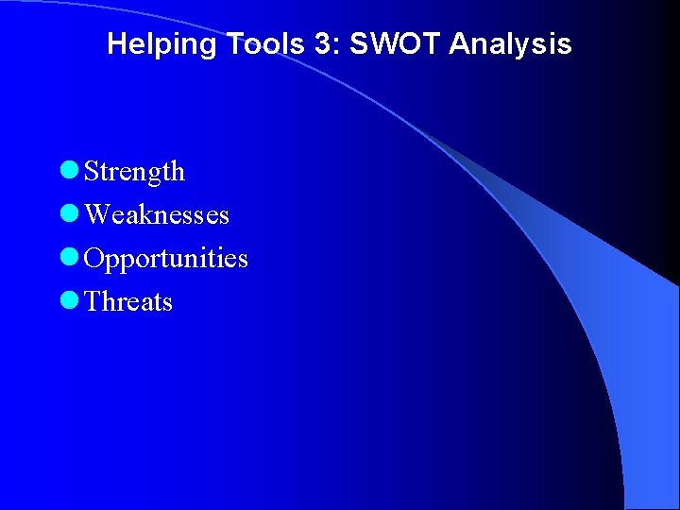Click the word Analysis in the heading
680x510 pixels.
click(x=511, y=43)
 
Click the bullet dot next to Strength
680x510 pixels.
click(x=67, y=171)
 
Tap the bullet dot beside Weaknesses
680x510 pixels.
click(x=67, y=214)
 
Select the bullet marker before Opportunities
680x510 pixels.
click(x=67, y=258)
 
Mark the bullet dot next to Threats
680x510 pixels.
click(x=67, y=301)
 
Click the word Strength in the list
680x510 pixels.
click(x=134, y=172)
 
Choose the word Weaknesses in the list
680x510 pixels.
click(x=157, y=215)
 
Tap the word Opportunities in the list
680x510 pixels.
click(x=166, y=259)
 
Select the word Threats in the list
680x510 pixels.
click(x=128, y=302)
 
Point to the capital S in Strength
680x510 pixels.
click(x=92, y=172)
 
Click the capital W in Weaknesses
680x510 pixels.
click(x=96, y=215)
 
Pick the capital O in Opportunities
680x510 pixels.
click(x=93, y=258)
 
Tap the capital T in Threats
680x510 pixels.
click(x=93, y=302)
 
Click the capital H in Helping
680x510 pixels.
click(x=116, y=43)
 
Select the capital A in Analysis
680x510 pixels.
click(x=459, y=43)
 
